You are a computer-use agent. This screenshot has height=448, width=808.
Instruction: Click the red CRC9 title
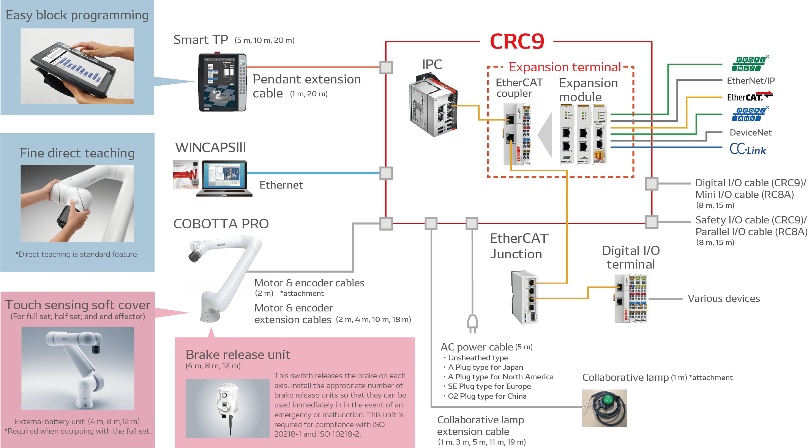tap(517, 41)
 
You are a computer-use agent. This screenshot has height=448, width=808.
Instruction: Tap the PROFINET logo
tap(750, 64)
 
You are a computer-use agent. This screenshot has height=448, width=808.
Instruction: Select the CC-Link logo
tap(748, 149)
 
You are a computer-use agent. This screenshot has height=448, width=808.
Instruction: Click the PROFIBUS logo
tap(750, 114)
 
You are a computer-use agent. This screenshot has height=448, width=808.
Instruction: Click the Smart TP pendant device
tap(222, 83)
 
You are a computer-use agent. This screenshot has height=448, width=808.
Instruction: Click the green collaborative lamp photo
tap(604, 408)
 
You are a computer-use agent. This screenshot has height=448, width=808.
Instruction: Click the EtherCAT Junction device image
tap(525, 297)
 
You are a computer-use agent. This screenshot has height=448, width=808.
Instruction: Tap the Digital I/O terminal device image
tap(630, 299)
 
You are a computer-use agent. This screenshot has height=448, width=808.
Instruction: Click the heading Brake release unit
tap(238, 354)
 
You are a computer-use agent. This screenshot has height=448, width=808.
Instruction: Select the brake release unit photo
tap(227, 408)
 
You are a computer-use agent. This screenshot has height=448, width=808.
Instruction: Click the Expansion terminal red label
tap(565, 67)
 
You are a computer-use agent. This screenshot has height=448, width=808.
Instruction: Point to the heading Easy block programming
tap(77, 15)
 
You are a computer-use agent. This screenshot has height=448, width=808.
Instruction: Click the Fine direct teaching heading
tap(77, 153)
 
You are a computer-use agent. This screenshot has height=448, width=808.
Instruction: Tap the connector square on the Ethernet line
tap(386, 173)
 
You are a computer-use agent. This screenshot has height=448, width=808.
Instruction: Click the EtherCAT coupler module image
tap(516, 134)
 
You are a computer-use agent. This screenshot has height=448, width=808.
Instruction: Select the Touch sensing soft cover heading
tap(77, 305)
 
